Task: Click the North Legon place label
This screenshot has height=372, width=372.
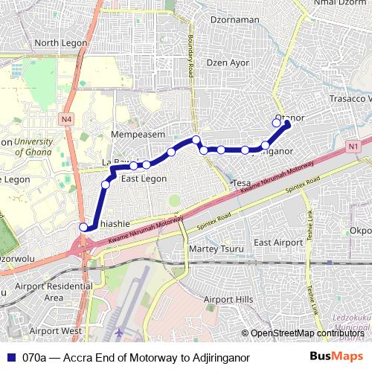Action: (x=57, y=43)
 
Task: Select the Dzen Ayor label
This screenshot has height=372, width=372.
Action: (x=228, y=62)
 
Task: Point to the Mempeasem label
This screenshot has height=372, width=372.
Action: (x=138, y=135)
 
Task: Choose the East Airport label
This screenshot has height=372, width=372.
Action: (x=278, y=243)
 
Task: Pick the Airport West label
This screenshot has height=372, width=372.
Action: (x=56, y=330)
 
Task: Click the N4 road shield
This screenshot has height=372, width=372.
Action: (x=67, y=118)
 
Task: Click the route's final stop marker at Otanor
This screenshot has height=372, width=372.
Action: (x=287, y=124)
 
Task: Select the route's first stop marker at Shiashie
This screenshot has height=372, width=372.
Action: (x=83, y=227)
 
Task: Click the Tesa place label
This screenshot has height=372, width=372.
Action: (x=241, y=183)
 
